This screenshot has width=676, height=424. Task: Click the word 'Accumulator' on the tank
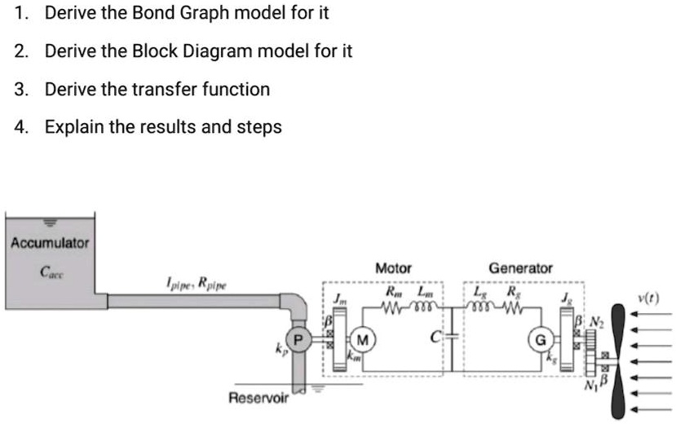pos(50,243)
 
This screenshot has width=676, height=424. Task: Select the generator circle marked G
pos(539,338)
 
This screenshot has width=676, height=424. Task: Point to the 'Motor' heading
pos(393,267)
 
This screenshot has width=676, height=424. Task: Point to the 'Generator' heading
pos(520,267)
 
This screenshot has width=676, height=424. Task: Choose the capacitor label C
pos(436,335)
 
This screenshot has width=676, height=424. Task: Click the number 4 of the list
pos(20,127)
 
